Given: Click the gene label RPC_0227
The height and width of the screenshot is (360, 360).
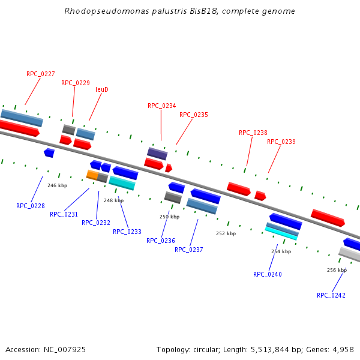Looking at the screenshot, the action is click(x=41, y=74).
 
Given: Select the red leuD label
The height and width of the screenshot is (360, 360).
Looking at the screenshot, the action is click(x=102, y=89).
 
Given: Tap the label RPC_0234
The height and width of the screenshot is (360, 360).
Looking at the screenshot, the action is click(x=162, y=106).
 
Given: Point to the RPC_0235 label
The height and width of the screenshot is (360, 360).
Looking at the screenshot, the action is click(x=193, y=115).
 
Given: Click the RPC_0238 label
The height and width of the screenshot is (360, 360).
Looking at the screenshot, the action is click(x=253, y=133).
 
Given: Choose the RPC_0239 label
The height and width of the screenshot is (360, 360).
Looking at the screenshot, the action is click(x=281, y=142).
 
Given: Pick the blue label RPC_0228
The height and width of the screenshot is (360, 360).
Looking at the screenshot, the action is click(x=31, y=206).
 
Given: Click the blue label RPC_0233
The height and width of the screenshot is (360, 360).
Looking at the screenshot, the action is click(x=127, y=232).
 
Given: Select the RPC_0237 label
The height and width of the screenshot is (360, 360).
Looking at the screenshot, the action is click(x=189, y=250).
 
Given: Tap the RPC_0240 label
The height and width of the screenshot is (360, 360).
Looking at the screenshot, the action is click(x=267, y=274).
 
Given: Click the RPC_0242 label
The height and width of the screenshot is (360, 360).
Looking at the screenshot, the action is click(x=331, y=295).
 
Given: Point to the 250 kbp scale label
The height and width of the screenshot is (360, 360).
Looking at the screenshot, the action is click(x=169, y=217).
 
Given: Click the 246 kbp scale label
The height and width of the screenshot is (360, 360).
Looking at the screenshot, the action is click(x=57, y=185).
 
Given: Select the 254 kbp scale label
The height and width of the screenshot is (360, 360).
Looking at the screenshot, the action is click(x=281, y=251).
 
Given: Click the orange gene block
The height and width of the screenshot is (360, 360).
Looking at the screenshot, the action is click(x=92, y=175).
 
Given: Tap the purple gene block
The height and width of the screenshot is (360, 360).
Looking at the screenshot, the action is click(x=157, y=154).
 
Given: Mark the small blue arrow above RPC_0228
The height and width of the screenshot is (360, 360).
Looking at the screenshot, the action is click(x=49, y=153).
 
